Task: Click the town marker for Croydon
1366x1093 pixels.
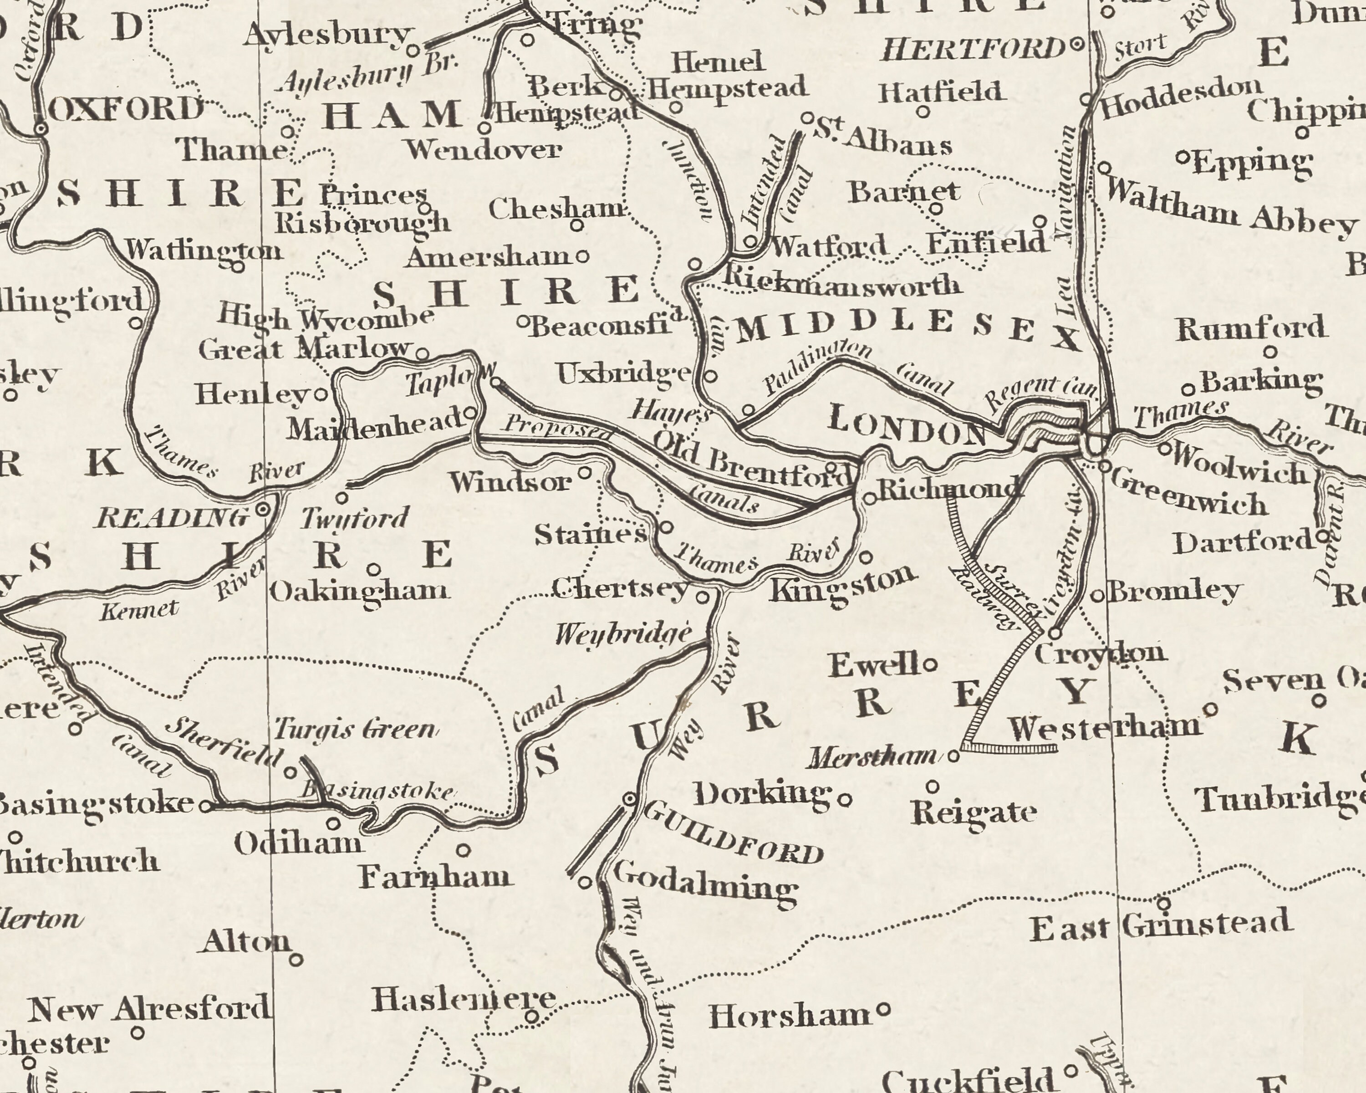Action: click(1055, 633)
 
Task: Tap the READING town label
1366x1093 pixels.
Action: click(172, 518)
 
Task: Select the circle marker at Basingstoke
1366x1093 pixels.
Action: click(205, 807)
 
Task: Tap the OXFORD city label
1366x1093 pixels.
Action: click(126, 110)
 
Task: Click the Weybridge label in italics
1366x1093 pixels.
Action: click(622, 633)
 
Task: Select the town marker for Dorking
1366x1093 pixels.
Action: click(845, 800)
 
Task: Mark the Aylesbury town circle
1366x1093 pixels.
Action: click(413, 50)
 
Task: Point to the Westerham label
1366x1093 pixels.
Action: click(1104, 729)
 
